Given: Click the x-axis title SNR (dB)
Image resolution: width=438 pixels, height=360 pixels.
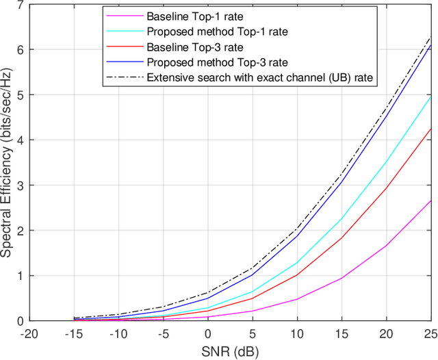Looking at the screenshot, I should (230, 350).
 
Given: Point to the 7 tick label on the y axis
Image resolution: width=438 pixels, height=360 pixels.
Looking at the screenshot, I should (19, 5).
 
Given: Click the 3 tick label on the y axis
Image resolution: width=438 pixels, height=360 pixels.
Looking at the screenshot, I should (19, 185).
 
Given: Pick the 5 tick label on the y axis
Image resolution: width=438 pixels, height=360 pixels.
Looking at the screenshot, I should (19, 95).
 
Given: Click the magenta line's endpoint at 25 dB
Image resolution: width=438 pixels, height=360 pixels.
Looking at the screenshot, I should (430, 201).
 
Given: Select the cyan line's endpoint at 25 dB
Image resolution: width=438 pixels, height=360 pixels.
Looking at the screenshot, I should (430, 96).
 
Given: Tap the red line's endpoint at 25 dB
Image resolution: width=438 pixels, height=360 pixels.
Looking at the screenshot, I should (430, 129).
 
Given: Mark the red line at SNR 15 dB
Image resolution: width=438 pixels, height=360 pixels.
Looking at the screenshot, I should (341, 238).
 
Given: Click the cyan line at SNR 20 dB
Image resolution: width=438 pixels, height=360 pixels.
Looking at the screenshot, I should (385, 163).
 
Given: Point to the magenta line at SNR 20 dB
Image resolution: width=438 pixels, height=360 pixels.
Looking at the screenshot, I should (385, 246).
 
